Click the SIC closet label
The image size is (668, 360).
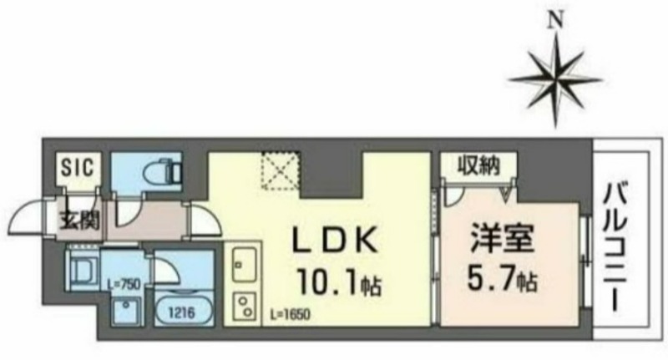[x=78, y=167]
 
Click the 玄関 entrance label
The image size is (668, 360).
[x=79, y=221]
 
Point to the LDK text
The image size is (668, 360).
[x=335, y=241]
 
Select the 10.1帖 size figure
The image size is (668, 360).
[x=340, y=282]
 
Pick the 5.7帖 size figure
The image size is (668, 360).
[x=502, y=277]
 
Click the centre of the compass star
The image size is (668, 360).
[x=555, y=79]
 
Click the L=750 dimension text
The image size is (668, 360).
[x=124, y=284]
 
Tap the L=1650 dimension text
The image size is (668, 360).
[x=291, y=314]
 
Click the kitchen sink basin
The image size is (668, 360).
[x=244, y=264]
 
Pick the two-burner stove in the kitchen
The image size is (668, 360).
[x=244, y=307]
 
